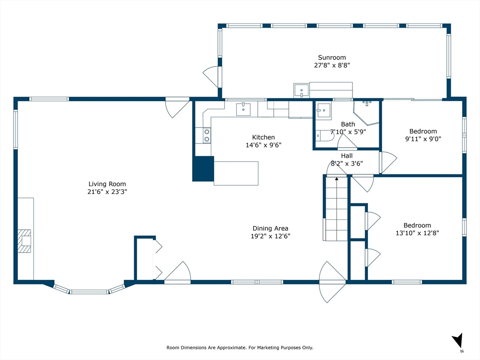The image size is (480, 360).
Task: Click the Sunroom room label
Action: tap(332, 58)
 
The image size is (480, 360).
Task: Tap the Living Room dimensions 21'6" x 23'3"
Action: tap(107, 192)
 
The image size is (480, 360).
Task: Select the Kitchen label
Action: tap(263, 137)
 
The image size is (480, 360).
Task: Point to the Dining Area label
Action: tap(270, 228)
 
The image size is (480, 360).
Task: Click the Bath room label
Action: tap(348, 124)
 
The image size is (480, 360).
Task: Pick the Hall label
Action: tap(347, 156)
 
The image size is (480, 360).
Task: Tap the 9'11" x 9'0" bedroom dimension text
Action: tap(423, 139)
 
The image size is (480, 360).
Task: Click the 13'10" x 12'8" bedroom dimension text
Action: tap(417, 233)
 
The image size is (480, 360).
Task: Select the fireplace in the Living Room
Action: tap(24, 241)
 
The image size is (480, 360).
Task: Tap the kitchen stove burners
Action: tap(207, 135)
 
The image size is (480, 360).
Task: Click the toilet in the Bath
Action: tap(324, 135)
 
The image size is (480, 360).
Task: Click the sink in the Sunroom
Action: tap(301, 90)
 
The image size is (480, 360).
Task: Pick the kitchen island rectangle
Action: tap(236, 173)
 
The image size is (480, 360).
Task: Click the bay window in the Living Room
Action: tap(90, 290)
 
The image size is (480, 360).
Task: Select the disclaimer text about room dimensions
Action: tap(240, 347)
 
